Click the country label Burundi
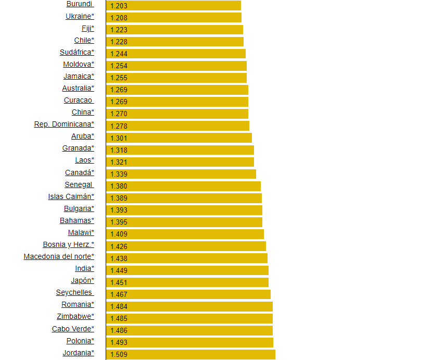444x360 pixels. pos(79,4)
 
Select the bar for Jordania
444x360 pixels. pos(191,354)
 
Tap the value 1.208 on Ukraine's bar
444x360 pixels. pos(119,18)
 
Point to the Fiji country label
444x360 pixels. pos(87,28)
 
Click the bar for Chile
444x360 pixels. pos(175,42)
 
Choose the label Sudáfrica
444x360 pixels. pos(77,52)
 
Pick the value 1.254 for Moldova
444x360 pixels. pos(119,66)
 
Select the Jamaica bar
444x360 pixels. pos(176,78)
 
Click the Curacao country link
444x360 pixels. pos(78,100)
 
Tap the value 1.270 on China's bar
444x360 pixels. pos(119,114)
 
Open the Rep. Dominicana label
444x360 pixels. pos(64,124)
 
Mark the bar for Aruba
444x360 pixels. pos(179,138)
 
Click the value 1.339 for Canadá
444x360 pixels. pos(119,174)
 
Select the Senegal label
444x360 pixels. pos(79,184)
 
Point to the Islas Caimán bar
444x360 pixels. pos(184,198)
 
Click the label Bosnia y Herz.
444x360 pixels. pos(68,244)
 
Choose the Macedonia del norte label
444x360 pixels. pos(59,256)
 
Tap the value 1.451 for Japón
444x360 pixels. pos(119,282)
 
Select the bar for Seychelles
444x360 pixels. pos(188,294)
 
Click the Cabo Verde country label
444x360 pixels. pos(73,329)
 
